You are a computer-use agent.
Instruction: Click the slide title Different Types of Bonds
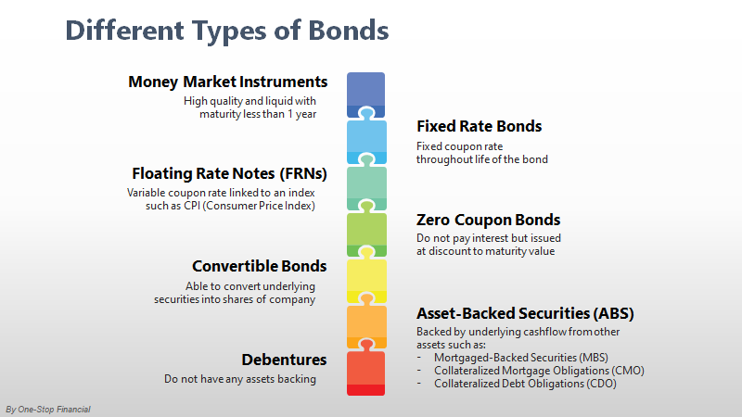tap(226, 31)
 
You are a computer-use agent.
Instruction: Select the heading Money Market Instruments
tap(228, 82)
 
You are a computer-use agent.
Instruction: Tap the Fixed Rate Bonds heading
tap(479, 126)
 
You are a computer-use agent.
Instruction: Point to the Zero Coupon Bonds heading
tap(488, 221)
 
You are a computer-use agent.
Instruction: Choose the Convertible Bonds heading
tap(259, 266)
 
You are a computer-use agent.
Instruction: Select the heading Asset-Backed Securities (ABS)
tap(525, 313)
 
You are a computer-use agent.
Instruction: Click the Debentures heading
tap(284, 360)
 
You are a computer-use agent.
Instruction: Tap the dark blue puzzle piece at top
tap(365, 93)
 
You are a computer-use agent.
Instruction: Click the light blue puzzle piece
tap(365, 141)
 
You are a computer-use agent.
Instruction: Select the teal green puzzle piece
tap(365, 187)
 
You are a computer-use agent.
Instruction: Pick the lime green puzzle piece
tap(365, 233)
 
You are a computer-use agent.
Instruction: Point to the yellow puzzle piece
tap(365, 279)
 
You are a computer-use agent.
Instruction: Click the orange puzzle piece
tap(365, 325)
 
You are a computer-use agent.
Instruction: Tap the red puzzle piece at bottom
tap(365, 372)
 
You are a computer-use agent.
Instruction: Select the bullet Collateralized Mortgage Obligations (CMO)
tap(539, 371)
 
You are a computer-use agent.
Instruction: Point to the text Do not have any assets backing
tap(240, 379)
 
